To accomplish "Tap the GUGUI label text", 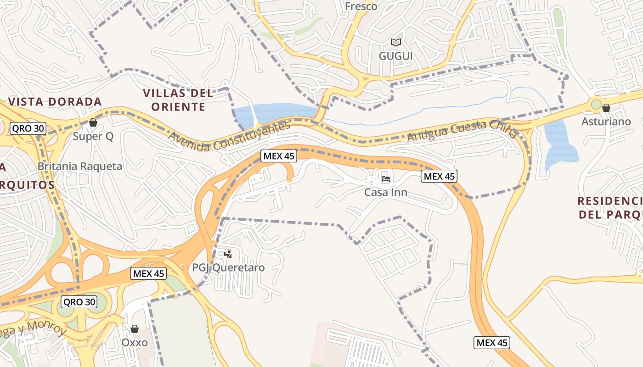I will (x=395, y=56).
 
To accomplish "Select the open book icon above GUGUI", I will (x=395, y=42).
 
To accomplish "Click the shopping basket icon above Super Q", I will (x=93, y=122).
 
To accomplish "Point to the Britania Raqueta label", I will (x=80, y=166).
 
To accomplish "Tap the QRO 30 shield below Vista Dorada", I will (x=28, y=128).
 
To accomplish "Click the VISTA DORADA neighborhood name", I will (x=55, y=101).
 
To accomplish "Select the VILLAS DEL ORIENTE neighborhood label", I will (x=178, y=100).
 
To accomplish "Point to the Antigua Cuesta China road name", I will (x=462, y=131).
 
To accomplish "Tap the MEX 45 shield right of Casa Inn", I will (x=439, y=176).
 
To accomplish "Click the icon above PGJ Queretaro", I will (x=228, y=254).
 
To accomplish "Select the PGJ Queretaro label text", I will (x=228, y=267).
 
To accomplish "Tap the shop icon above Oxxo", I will (x=135, y=329).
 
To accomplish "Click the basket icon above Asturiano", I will (x=606, y=108).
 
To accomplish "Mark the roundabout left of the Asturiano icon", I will (x=596, y=105).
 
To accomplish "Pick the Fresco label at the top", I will (x=361, y=6).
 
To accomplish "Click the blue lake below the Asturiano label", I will (x=559, y=147).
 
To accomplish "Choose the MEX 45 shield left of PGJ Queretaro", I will (x=148, y=274).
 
